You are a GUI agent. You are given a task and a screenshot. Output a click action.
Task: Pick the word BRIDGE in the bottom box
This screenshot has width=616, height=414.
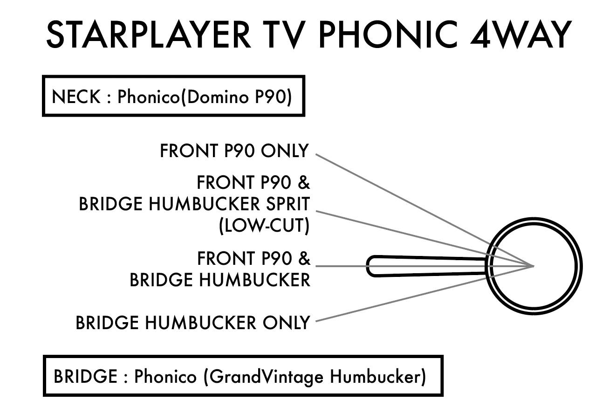[85, 376]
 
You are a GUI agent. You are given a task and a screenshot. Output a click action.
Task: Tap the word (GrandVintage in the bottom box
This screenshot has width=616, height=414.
[263, 376]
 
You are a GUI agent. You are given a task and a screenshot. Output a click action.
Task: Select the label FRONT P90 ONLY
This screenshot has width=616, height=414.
[234, 151]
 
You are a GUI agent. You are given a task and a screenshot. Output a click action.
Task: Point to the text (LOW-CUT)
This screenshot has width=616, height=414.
[264, 226]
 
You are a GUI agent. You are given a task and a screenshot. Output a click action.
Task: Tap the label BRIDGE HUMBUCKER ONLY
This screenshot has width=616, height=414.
[192, 322]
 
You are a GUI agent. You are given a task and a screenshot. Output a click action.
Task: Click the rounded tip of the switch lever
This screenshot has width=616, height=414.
[371, 266]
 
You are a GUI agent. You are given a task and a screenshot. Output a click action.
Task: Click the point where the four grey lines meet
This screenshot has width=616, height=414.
[533, 266]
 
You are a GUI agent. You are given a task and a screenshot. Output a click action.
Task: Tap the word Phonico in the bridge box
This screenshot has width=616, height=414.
[165, 376]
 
